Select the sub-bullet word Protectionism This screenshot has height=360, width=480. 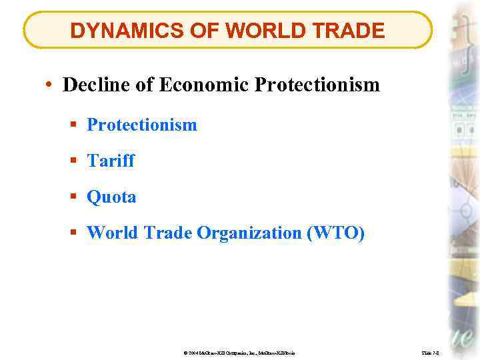[142, 125]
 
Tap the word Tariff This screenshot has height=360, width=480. [111, 161]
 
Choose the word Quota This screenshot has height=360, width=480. [111, 197]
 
